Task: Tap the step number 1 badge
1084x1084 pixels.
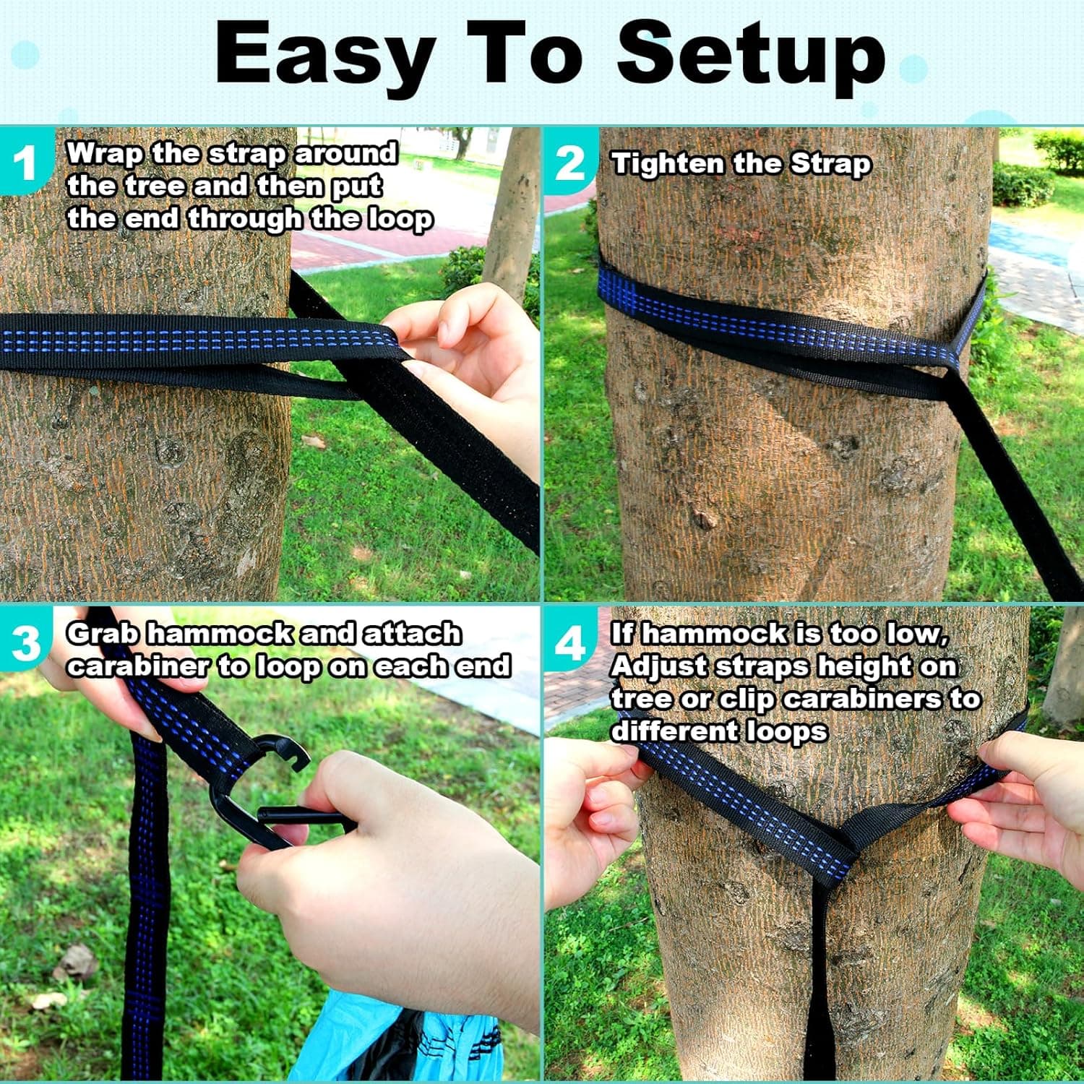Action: click(x=24, y=163)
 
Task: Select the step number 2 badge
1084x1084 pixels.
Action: click(x=570, y=163)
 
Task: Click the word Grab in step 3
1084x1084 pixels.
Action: click(x=103, y=634)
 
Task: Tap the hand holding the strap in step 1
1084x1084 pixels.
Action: click(x=470, y=361)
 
